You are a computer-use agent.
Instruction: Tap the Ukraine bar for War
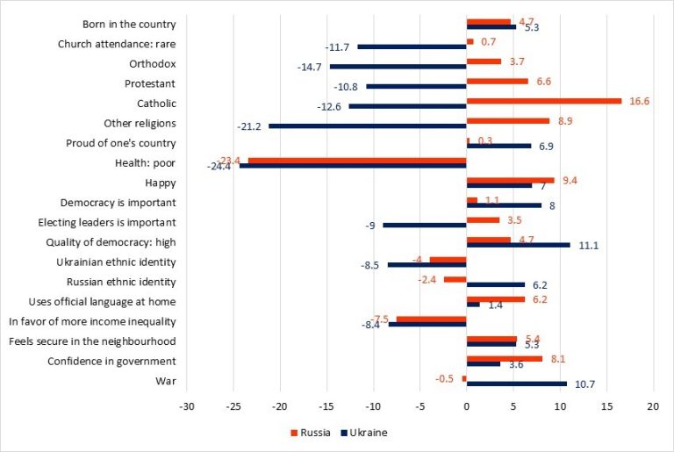tap(516, 384)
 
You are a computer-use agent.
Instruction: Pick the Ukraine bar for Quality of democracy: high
tap(518, 245)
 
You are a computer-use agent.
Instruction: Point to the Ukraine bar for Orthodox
tap(398, 66)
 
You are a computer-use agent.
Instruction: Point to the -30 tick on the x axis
tap(187, 407)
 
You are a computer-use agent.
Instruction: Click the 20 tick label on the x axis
tap(652, 407)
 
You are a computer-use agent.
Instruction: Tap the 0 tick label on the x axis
tap(466, 407)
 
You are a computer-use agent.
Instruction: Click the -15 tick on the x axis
tap(326, 407)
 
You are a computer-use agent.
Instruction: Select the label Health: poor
tap(146, 162)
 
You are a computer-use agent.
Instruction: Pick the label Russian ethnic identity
tap(121, 282)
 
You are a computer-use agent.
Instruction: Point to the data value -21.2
tap(249, 126)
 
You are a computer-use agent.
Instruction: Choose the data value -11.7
tap(338, 47)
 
